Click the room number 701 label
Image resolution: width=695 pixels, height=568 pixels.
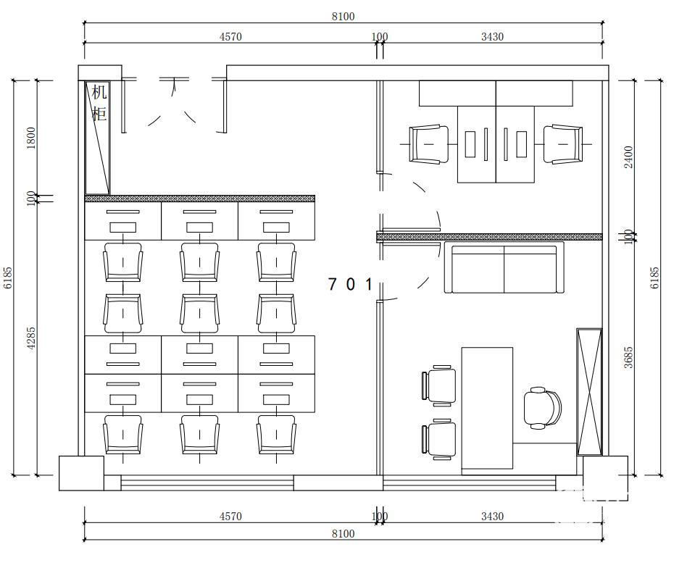coord(350,284)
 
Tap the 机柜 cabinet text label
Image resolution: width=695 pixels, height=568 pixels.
coord(99,103)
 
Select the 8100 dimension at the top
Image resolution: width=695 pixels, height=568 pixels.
coord(343,17)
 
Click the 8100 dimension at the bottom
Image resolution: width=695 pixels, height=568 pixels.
coord(343,533)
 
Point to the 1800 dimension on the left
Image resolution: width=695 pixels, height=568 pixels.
coord(31,138)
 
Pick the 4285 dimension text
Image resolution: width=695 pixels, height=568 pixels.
coord(31,338)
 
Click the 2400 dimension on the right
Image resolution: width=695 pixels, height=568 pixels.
coord(628,156)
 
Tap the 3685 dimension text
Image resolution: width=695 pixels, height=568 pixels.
coord(628,358)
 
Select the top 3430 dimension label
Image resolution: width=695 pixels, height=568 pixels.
coord(492,37)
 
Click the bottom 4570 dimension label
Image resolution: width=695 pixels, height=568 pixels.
coord(230,516)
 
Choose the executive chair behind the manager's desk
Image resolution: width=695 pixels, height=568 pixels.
coord(542,408)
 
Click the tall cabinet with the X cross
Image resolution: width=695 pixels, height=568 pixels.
coord(589,392)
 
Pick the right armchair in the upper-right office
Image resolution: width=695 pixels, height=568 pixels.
coord(563,144)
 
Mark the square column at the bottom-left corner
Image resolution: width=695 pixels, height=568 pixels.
coord(82,473)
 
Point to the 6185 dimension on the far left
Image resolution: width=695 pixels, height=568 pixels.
coord(8,277)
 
